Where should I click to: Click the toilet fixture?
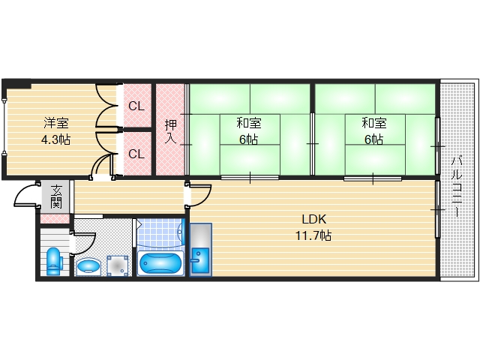pyautogui.click(x=53, y=261)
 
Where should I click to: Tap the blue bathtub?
pyautogui.click(x=160, y=263)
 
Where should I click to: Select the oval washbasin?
pyautogui.click(x=89, y=265)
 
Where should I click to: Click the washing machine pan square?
pyautogui.click(x=117, y=264)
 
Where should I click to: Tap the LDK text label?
pyautogui.click(x=313, y=220)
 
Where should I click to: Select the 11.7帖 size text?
pyautogui.click(x=313, y=235)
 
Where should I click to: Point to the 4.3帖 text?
pyautogui.click(x=55, y=139)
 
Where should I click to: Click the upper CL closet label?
pyautogui.click(x=136, y=106)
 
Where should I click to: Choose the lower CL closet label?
pyautogui.click(x=136, y=154)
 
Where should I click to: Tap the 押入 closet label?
pyautogui.click(x=169, y=131)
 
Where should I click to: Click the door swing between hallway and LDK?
pyautogui.click(x=197, y=195)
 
